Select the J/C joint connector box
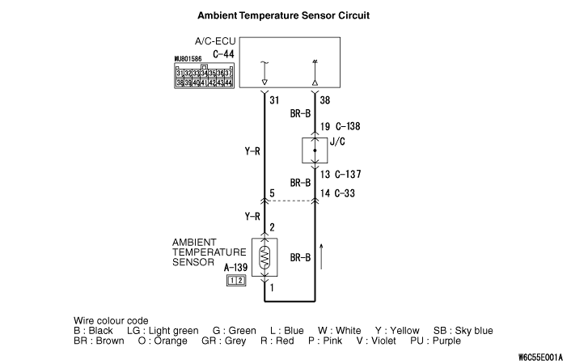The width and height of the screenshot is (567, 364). pos(315,150)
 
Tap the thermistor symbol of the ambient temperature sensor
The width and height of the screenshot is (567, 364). pos(265,257)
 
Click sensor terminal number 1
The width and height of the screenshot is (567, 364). pos(273,288)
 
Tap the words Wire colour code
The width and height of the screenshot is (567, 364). pos(110,320)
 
